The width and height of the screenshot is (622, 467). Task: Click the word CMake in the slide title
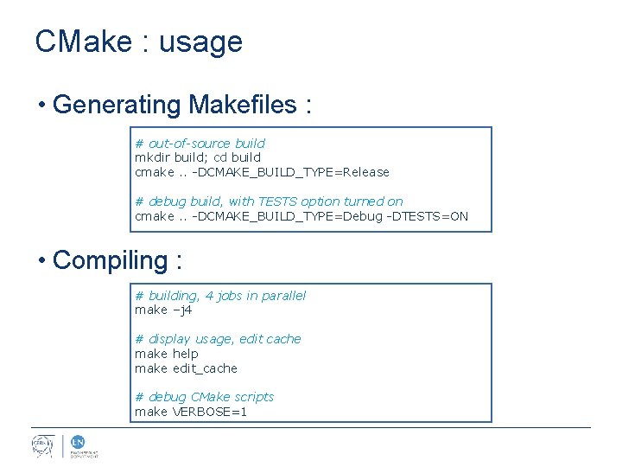pos(82,42)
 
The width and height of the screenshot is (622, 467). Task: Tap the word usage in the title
pos(200,42)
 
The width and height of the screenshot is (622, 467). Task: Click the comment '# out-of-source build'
pos(200,144)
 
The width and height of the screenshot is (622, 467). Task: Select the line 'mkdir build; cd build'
pos(198,157)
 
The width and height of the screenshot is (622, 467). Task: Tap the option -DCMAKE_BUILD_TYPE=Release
pos(290,172)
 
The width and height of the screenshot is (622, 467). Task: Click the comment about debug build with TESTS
pos(269,202)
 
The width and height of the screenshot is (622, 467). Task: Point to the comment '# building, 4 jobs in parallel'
pos(220,296)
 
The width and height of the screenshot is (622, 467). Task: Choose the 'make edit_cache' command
pos(186,368)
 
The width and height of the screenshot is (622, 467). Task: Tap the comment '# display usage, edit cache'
pos(218,339)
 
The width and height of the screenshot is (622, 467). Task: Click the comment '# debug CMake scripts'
pos(204,397)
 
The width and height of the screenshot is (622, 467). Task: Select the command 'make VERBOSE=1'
pos(191,412)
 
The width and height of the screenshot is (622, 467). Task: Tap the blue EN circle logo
pos(76,441)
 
